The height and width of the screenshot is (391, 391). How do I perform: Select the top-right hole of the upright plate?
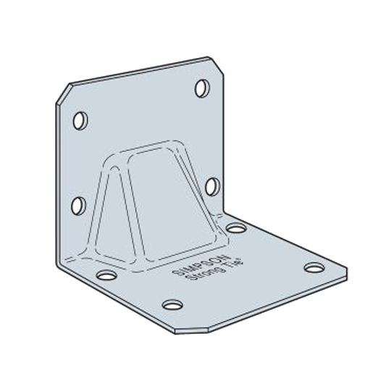point(202,91)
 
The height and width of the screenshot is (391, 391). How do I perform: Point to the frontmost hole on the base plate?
point(171,304)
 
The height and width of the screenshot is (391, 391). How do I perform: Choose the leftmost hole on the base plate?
point(105,275)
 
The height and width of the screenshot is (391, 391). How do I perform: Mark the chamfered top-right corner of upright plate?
point(214,64)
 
